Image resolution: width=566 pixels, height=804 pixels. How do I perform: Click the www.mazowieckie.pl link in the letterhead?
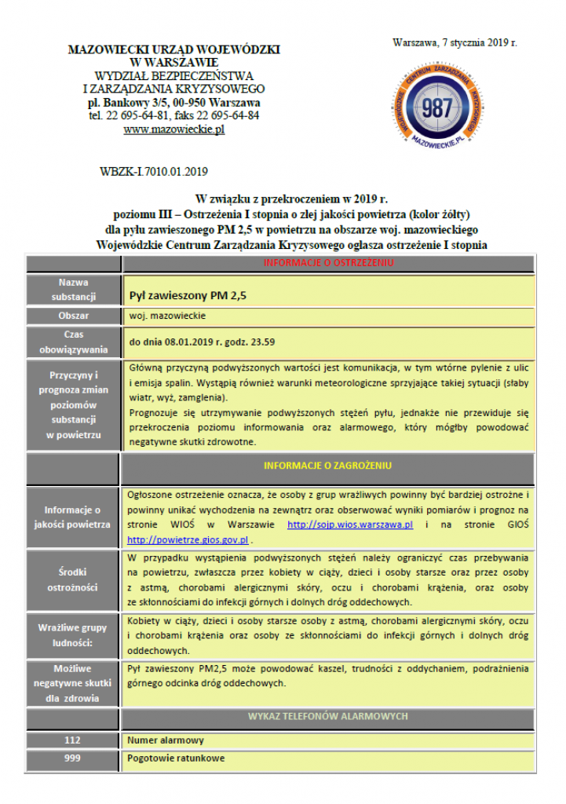pyautogui.click(x=173, y=130)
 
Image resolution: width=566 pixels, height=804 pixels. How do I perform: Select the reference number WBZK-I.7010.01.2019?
pyautogui.click(x=154, y=170)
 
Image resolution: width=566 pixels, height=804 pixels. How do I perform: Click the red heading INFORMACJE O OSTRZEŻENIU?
pyautogui.click(x=328, y=262)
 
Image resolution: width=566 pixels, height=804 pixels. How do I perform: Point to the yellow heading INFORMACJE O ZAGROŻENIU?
pyautogui.click(x=328, y=466)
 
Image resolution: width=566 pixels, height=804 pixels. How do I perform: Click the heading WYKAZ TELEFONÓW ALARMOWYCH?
pyautogui.click(x=328, y=717)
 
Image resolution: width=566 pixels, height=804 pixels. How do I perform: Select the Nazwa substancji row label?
pyautogui.click(x=74, y=289)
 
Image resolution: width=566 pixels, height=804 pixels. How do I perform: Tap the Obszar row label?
pyautogui.click(x=74, y=316)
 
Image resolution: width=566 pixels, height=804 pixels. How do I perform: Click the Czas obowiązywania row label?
pyautogui.click(x=74, y=342)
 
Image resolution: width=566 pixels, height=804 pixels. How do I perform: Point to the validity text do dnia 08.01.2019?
pyautogui.click(x=202, y=342)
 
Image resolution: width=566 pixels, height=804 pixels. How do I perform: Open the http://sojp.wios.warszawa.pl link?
pyautogui.click(x=350, y=524)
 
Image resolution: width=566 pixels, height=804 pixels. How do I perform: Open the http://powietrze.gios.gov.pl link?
pyautogui.click(x=188, y=540)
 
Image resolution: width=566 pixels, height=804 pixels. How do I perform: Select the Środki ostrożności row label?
pyautogui.click(x=74, y=579)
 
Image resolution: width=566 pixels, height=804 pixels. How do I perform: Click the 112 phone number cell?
pyautogui.click(x=74, y=740)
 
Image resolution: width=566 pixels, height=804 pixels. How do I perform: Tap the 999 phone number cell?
pyautogui.click(x=74, y=758)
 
